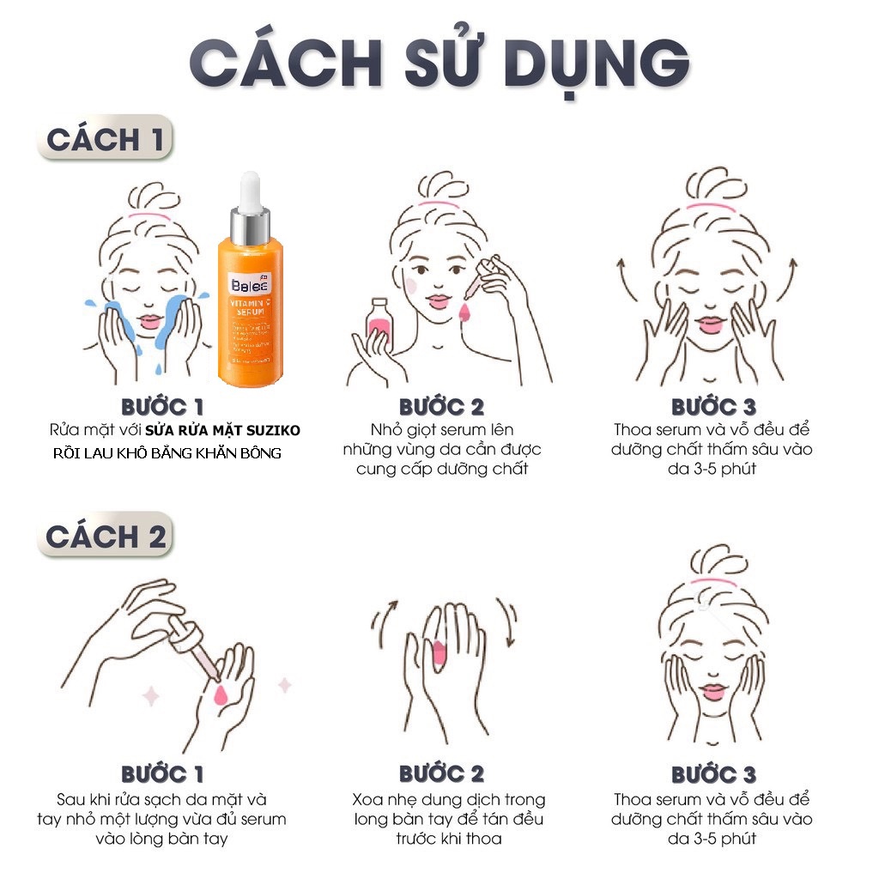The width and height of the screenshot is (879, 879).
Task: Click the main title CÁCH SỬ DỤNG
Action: [x=439, y=62]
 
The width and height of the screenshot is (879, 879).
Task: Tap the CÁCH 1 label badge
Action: [x=105, y=140]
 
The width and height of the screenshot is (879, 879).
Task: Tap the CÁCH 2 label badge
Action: [x=105, y=536]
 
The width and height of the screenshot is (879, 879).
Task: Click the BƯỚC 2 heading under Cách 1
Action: [x=441, y=407]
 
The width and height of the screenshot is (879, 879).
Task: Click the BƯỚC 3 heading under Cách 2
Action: [x=713, y=775]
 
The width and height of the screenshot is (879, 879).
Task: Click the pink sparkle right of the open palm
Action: [x=284, y=684]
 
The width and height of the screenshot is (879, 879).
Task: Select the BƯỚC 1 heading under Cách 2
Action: [x=163, y=775]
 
